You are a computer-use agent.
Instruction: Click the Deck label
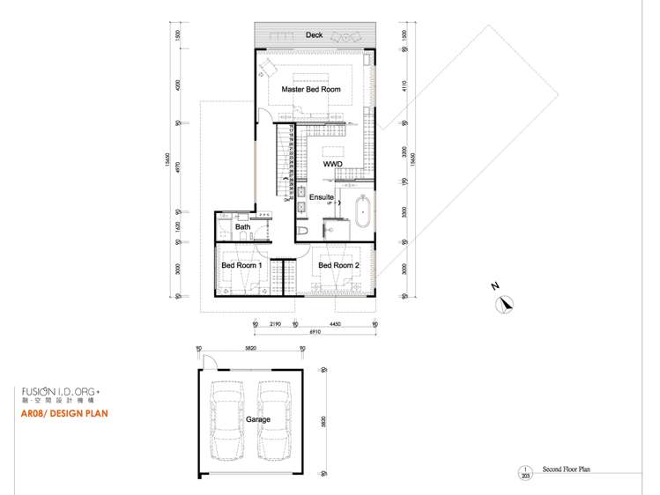coord(315,35)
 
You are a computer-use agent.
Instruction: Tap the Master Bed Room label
coord(311,90)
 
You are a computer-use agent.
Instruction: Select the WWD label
coord(332,164)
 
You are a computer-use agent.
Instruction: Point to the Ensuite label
coord(322,197)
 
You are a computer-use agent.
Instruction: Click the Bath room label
coord(242,227)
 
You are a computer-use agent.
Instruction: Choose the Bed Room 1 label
coord(241,265)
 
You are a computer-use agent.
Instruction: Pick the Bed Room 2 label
coord(339,265)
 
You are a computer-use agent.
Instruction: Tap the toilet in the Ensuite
coord(302,230)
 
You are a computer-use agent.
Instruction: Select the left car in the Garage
coord(227,421)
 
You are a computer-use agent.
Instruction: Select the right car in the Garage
coord(275,421)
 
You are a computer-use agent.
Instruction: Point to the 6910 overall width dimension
coord(315,333)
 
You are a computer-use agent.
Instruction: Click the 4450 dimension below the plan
coord(336,323)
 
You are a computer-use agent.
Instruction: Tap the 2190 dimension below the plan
coord(275,323)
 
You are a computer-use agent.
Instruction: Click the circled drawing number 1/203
coord(527,471)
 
